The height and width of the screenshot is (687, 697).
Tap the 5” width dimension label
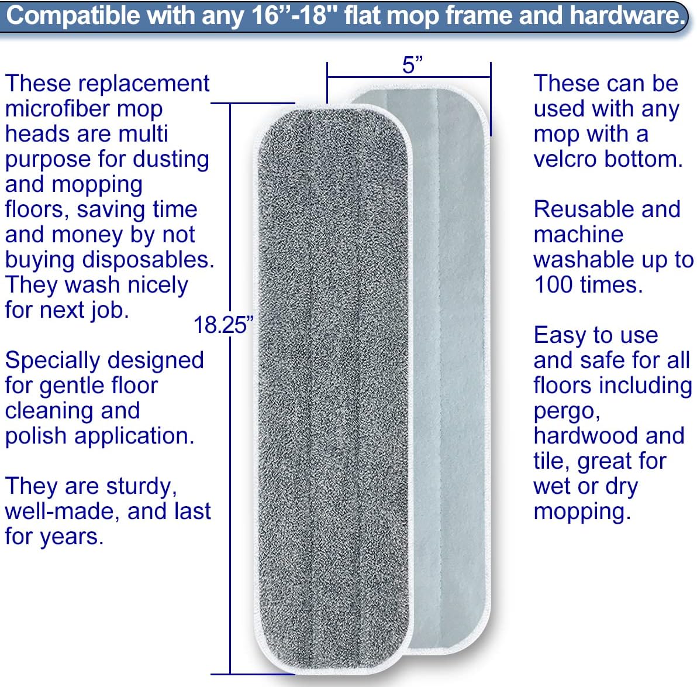pos(412,65)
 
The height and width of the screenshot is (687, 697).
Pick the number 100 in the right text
pos(553,285)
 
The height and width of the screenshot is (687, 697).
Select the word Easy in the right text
pos(558,335)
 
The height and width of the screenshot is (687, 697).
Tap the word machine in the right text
pos(578,235)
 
